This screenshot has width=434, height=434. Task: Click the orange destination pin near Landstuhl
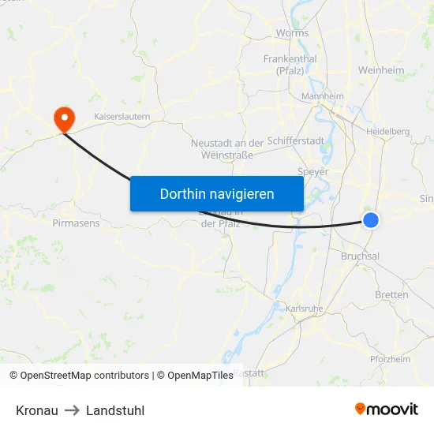click(63, 118)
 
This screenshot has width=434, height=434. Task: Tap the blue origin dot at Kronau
click(371, 220)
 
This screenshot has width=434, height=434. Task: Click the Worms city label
click(292, 33)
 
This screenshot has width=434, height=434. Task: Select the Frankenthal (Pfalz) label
click(290, 65)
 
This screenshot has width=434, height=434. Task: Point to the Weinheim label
click(381, 70)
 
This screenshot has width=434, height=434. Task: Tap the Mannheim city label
click(322, 96)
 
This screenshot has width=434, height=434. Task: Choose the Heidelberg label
click(387, 131)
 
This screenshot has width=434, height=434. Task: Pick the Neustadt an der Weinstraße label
click(227, 148)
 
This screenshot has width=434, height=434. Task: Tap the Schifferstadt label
click(295, 140)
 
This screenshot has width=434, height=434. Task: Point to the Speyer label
click(313, 171)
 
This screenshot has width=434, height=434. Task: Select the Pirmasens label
click(76, 223)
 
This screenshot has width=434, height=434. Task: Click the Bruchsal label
click(360, 256)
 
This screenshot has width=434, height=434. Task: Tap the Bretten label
click(391, 294)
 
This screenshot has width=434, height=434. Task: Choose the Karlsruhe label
click(304, 308)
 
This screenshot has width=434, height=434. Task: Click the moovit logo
click(387, 409)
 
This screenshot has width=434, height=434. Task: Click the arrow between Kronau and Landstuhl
click(72, 410)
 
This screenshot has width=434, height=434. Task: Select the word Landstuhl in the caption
click(115, 410)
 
